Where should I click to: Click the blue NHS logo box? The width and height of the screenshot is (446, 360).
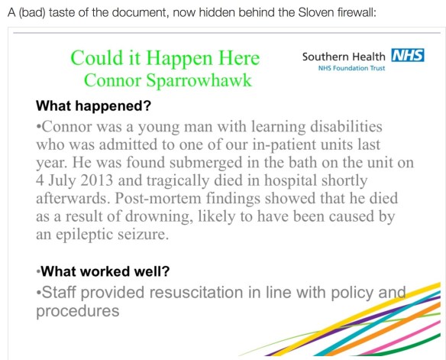(x=407, y=57)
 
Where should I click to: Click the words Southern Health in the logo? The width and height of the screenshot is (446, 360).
(x=344, y=57)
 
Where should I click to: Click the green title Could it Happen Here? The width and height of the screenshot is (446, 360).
(x=165, y=58)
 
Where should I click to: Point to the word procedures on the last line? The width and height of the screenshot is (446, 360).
(x=77, y=311)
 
